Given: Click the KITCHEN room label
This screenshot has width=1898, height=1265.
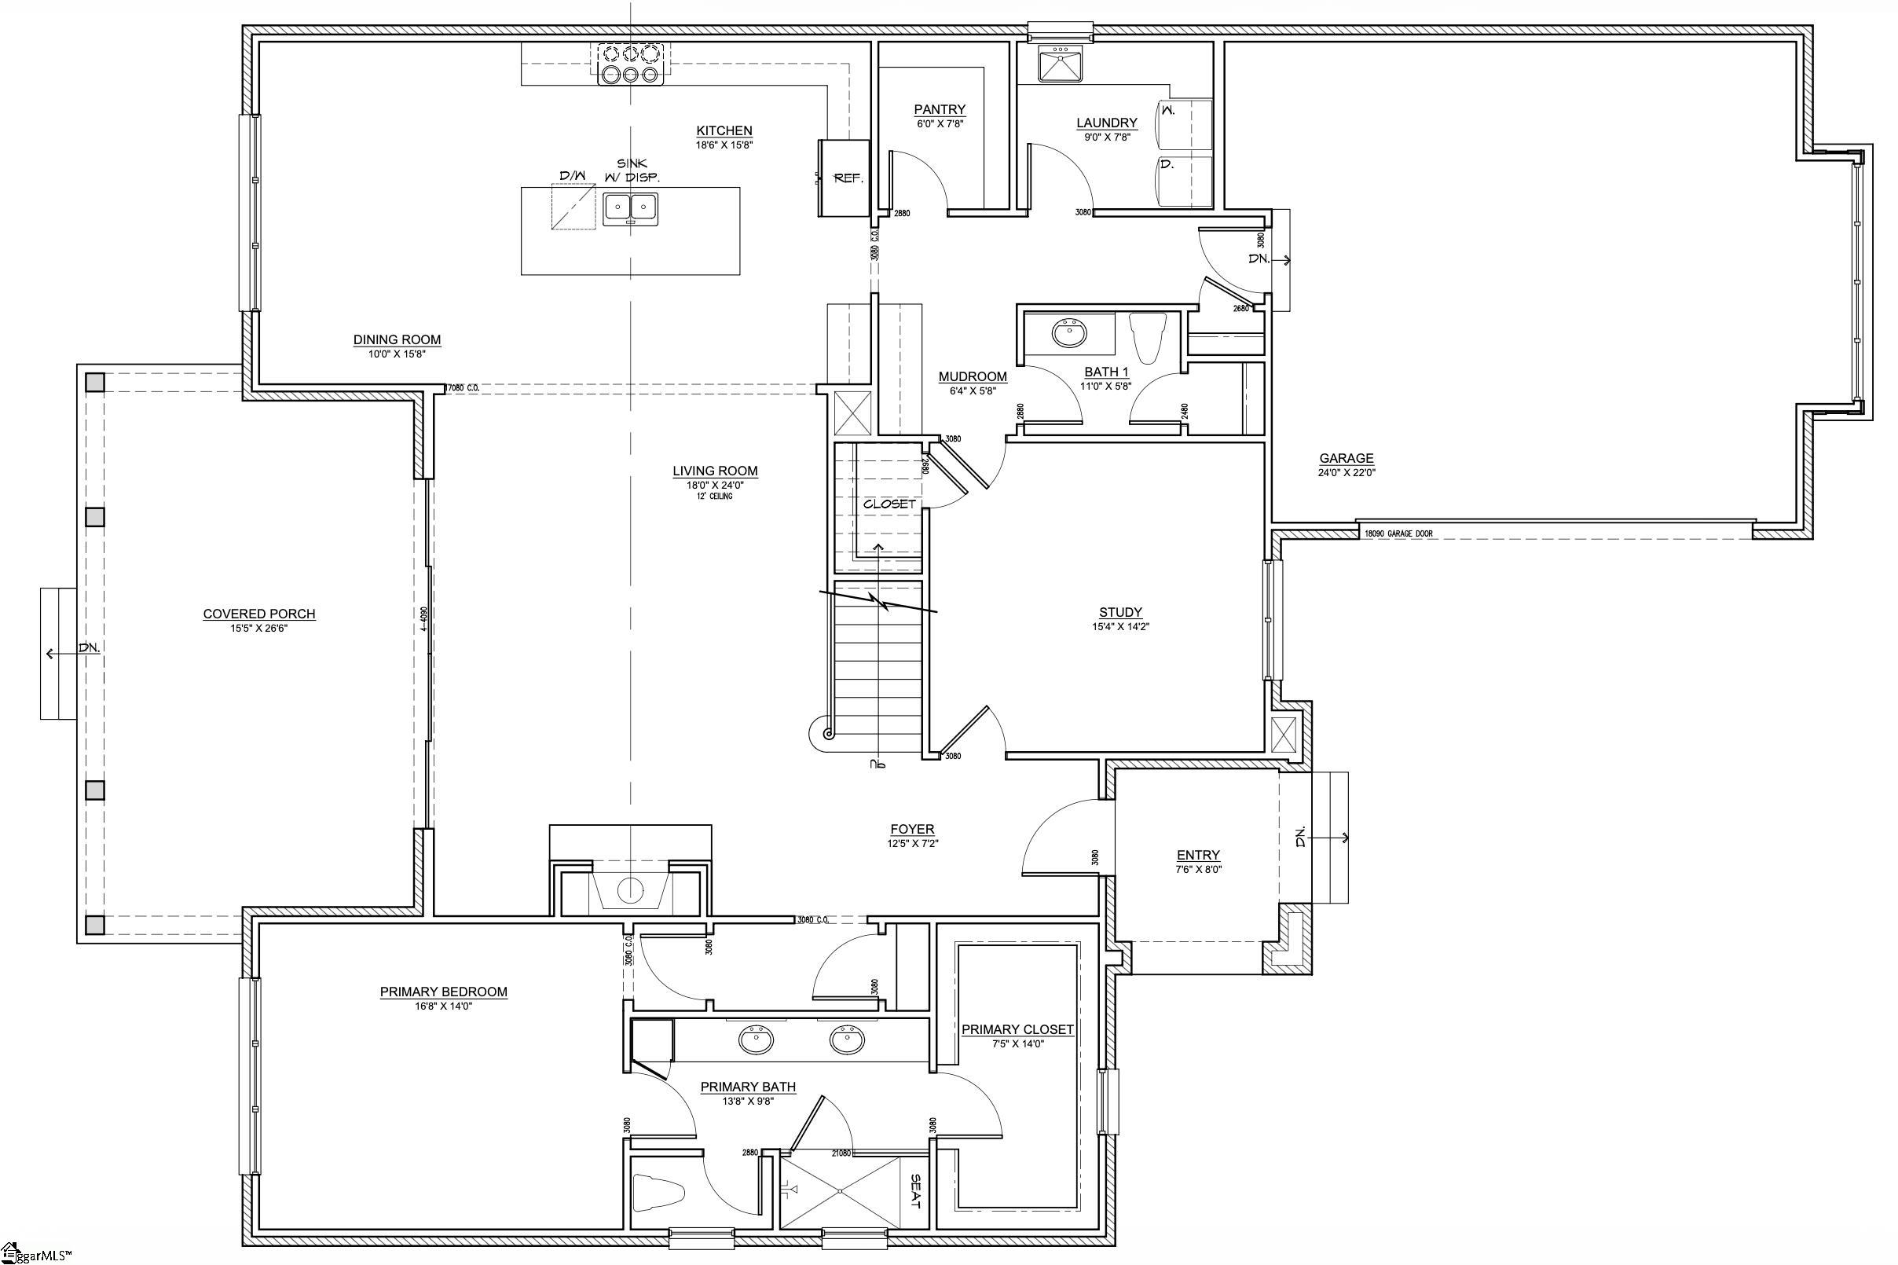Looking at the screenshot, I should (x=724, y=130).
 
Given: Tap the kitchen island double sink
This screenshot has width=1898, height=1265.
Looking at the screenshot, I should (x=630, y=209).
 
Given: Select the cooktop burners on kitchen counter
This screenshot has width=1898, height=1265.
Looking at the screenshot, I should (x=630, y=64).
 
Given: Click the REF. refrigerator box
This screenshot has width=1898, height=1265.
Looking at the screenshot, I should (x=845, y=178).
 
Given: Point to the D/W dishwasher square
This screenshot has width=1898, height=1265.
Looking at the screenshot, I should (x=573, y=207).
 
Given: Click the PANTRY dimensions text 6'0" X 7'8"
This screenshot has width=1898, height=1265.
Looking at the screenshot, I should (x=939, y=124).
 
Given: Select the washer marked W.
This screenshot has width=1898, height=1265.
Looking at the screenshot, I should (x=1184, y=123).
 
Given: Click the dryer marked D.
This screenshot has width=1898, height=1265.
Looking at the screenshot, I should (x=1184, y=181).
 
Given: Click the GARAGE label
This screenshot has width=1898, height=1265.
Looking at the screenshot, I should (x=1347, y=458).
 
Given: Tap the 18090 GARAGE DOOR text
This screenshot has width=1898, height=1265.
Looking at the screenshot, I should (x=1398, y=533).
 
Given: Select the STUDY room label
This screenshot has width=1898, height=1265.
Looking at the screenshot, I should (x=1120, y=612).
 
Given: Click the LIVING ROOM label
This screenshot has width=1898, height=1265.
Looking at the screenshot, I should (x=715, y=471).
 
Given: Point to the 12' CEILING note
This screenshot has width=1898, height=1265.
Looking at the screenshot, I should (x=715, y=496).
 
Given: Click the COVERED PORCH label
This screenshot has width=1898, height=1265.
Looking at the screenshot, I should (x=259, y=614).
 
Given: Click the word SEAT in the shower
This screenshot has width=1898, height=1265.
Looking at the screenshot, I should (x=914, y=1191).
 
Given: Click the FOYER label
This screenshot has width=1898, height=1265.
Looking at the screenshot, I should (x=911, y=829).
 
